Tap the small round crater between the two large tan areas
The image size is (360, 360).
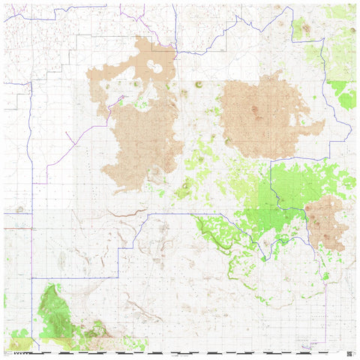[199, 84]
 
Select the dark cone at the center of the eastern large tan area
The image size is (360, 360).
[255, 111]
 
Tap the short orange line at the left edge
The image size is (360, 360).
[16, 227]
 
